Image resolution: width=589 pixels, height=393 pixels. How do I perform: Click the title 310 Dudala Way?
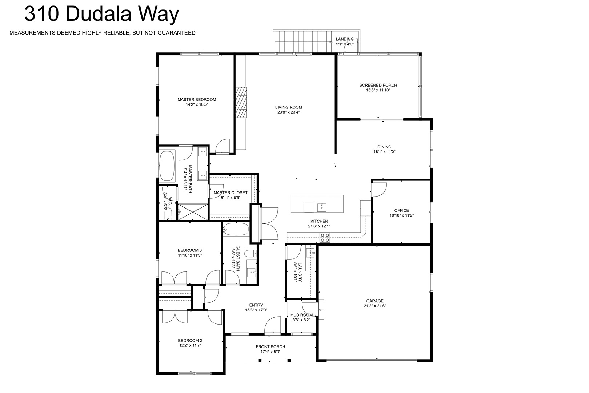click(x=101, y=14)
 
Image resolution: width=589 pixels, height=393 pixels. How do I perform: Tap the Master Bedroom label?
click(x=197, y=99)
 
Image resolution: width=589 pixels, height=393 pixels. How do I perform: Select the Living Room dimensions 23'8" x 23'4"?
click(x=288, y=112)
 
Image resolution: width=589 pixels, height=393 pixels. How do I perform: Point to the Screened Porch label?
click(x=378, y=85)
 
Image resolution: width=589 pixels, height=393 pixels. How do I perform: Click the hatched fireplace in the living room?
click(x=241, y=102)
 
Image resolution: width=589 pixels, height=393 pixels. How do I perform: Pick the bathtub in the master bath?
click(x=167, y=166)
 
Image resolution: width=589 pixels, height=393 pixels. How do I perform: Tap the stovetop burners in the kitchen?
click(x=325, y=237)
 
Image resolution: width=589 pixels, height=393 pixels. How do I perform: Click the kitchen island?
click(x=317, y=204)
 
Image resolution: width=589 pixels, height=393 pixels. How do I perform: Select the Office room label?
click(x=401, y=210)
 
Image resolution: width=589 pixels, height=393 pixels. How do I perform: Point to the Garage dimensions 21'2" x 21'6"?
click(x=375, y=306)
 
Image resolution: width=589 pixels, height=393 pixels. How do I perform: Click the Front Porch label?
click(x=270, y=347)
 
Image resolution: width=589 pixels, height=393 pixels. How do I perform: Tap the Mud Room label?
click(x=301, y=315)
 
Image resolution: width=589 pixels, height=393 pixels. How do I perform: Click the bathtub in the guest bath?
click(x=236, y=229)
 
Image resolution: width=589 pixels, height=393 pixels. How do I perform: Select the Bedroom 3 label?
click(x=189, y=250)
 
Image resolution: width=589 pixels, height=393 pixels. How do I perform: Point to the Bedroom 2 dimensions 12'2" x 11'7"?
click(x=190, y=345)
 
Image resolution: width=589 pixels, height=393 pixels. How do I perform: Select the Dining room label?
click(x=384, y=147)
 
